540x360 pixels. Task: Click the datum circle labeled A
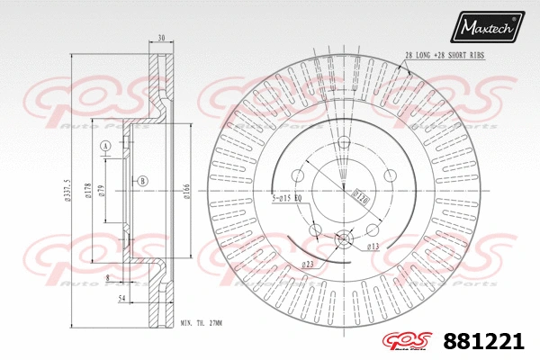tap(105, 146)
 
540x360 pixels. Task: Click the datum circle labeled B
tap(142, 181)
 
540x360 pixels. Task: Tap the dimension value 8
tap(108, 279)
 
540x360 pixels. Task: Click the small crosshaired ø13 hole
tap(345, 238)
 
